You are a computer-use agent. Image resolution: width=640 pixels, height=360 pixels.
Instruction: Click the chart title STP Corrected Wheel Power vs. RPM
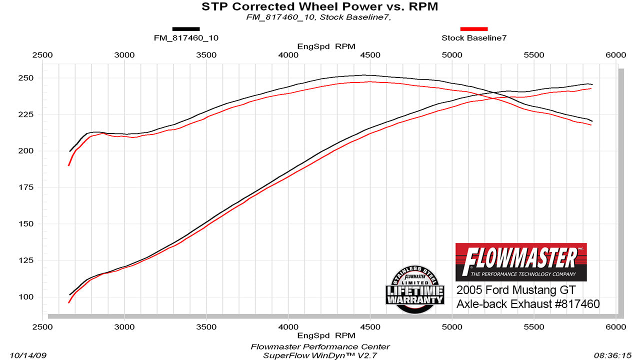click(320, 6)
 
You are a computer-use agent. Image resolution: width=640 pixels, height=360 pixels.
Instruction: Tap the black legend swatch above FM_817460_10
click(186, 29)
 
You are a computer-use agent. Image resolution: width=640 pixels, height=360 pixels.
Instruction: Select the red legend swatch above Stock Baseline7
click(473, 29)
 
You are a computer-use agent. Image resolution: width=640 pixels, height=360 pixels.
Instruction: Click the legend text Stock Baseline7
click(473, 38)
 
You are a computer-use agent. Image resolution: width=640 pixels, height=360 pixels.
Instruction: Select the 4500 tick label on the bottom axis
click(369, 327)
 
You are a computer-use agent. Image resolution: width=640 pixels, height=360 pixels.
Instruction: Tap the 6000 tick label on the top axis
click(615, 55)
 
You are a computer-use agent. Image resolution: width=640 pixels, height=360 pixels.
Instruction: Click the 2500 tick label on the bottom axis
click(42, 327)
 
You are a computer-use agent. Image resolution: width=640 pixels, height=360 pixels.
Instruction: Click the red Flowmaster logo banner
click(521, 261)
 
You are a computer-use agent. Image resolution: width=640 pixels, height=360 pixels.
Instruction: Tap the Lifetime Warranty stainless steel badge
click(414, 290)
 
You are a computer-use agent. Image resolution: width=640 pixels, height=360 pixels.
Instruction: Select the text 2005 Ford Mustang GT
click(516, 290)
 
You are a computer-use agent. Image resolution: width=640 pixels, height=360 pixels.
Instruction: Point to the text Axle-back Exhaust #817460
click(527, 304)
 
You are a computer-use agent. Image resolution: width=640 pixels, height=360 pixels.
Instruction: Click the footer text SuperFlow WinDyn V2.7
click(320, 355)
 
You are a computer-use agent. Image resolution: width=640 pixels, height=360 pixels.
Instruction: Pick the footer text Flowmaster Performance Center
click(320, 346)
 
